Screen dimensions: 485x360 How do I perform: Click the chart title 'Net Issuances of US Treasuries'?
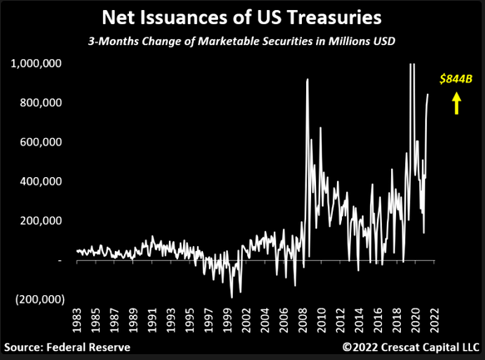point(241,17)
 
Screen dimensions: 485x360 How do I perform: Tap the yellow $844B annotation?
point(456,79)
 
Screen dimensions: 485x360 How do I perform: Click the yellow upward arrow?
point(456,104)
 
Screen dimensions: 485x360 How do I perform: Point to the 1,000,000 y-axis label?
point(37,63)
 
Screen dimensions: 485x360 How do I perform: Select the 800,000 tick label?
point(41,102)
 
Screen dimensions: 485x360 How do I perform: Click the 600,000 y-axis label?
point(41,142)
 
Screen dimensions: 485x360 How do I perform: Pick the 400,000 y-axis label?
point(41,181)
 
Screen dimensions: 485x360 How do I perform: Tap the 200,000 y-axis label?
point(41,220)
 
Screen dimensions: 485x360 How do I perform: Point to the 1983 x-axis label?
point(77,320)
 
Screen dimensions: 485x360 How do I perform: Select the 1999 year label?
point(227,320)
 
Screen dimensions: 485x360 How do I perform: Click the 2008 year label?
point(303,320)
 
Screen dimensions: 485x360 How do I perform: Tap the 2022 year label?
point(434,320)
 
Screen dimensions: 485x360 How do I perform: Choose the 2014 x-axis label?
point(359,320)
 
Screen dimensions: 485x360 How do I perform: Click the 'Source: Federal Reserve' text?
point(67,348)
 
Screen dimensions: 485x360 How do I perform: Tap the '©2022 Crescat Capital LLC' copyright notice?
point(411,348)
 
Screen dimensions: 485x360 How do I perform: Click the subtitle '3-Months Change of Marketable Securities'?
point(200,42)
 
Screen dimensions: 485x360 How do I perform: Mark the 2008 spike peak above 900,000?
point(307,79)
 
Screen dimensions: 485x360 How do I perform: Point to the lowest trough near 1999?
point(231,298)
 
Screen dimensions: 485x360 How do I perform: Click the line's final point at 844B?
point(428,94)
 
